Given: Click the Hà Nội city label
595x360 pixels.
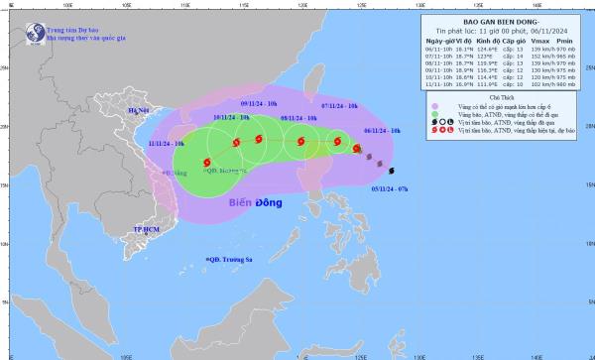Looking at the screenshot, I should coord(139,111).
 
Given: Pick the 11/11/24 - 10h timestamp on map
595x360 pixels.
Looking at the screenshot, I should coord(165,144).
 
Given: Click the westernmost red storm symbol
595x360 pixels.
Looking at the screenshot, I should coord(207,162).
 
